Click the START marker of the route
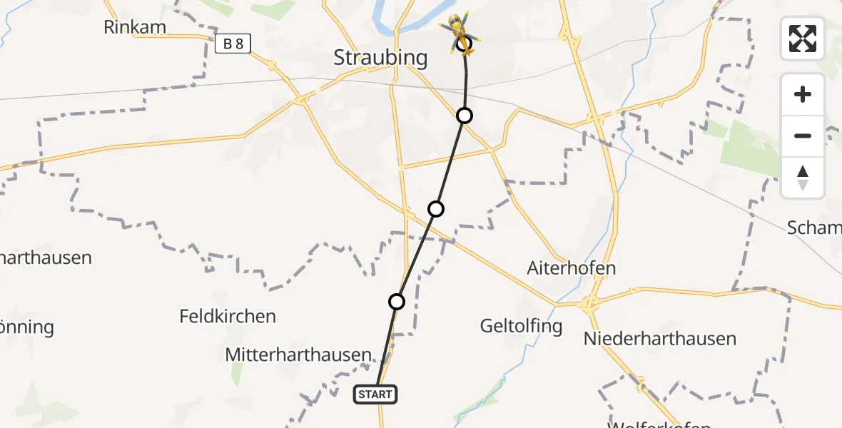click(x=375, y=394)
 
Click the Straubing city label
click(x=380, y=58)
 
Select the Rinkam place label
click(x=135, y=28)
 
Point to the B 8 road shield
click(x=233, y=44)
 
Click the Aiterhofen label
click(x=571, y=268)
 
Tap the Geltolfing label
click(x=521, y=327)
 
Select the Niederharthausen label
click(x=660, y=338)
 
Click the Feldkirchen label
click(x=228, y=316)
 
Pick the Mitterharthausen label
click(x=298, y=355)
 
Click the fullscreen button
click(x=803, y=38)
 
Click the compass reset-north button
click(x=803, y=178)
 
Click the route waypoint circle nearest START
click(x=397, y=302)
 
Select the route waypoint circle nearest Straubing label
click(x=465, y=115)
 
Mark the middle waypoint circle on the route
click(x=436, y=209)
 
